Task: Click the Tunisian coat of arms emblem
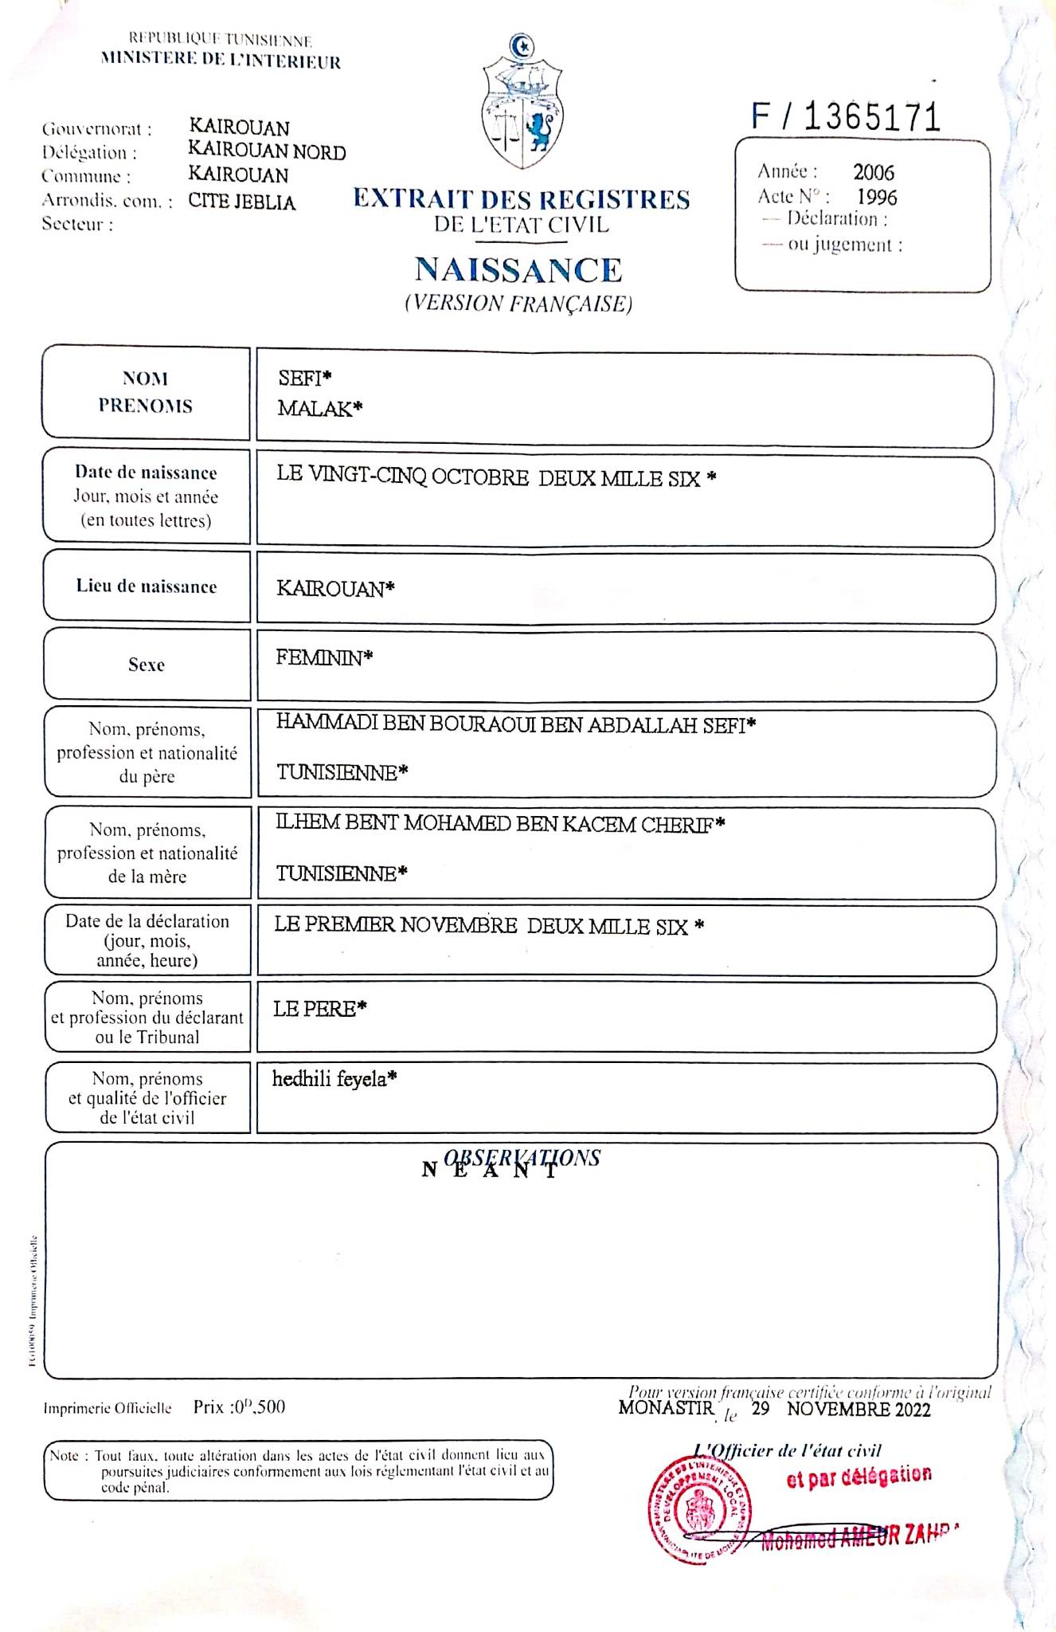522,102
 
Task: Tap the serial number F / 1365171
846,117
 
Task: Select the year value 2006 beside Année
874,172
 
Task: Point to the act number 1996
877,198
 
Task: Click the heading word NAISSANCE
518,270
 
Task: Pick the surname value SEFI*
304,379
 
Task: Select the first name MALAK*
319,409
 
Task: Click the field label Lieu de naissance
147,586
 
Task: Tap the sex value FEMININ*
324,657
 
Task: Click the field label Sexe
147,665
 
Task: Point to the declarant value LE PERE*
319,1009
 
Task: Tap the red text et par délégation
858,1477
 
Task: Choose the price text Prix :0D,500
239,1407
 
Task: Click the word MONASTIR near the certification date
666,1407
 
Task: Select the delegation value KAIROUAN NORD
267,151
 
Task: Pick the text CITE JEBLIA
241,202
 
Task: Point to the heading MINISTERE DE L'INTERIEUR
221,61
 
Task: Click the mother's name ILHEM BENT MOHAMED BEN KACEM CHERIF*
500,824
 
